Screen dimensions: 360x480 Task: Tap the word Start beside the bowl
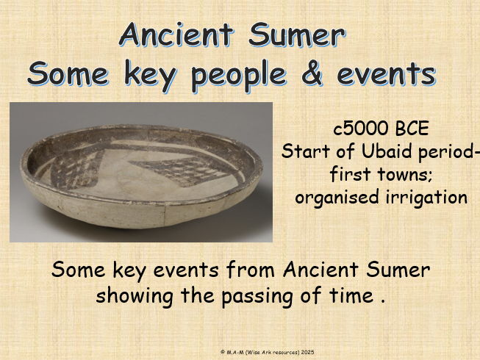(x=304, y=152)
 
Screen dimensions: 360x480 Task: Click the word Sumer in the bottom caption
(x=402, y=270)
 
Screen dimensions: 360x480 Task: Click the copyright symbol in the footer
(x=223, y=353)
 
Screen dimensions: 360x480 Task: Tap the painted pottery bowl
(x=140, y=173)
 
